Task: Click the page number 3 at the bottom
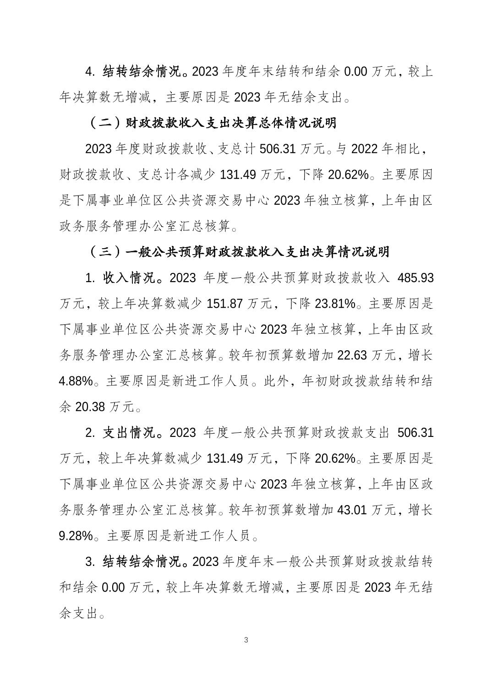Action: (246, 640)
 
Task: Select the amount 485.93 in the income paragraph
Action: (415, 278)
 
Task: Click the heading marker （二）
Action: (104, 123)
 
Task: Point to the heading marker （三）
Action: (104, 252)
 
